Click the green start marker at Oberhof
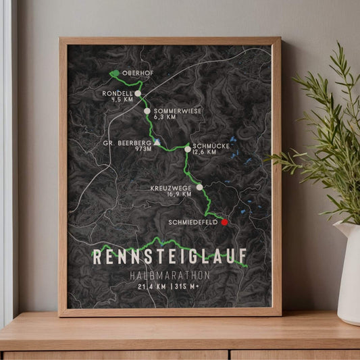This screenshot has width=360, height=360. coord(115,73)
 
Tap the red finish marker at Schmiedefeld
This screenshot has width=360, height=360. coord(224,222)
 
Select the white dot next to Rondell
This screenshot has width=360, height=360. coord(138,94)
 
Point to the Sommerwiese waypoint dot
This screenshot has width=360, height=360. coord(147,111)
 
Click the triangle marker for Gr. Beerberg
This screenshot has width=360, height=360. coord(157,143)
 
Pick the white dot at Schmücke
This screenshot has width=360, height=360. coord(187,149)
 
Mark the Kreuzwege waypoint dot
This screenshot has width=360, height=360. coord(199,186)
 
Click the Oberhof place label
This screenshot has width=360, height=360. coord(138,73)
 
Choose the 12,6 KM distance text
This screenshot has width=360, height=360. coord(205,152)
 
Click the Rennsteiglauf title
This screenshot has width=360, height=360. coord(169,257)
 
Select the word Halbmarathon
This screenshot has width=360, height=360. coord(169,276)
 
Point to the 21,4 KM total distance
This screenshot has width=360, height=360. coord(152,286)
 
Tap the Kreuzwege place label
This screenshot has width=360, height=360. coord(173,186)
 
